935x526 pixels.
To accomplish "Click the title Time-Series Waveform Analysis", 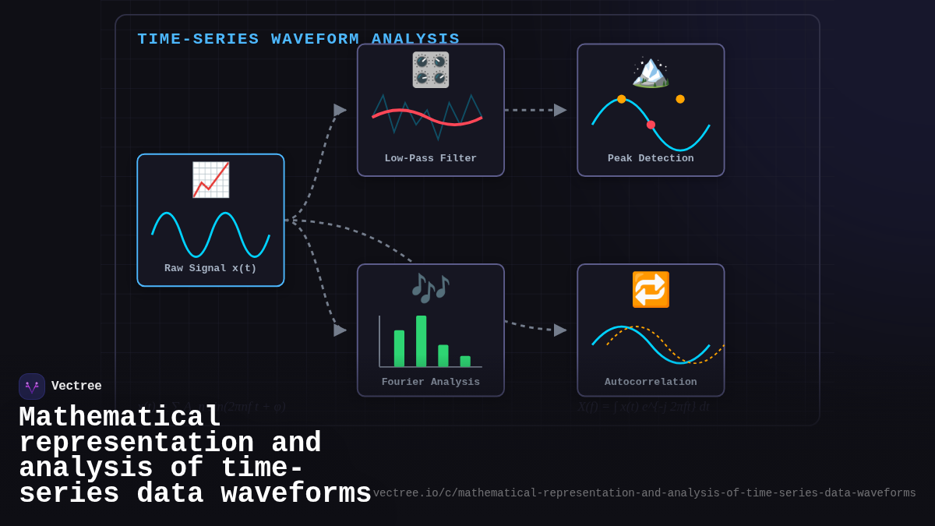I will (x=298, y=39).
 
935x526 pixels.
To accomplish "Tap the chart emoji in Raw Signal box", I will (x=210, y=180).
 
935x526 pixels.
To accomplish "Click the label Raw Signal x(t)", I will (x=210, y=268).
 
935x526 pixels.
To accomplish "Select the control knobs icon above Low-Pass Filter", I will (x=431, y=70).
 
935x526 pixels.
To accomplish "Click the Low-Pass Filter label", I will (x=431, y=158).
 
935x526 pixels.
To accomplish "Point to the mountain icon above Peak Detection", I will (x=651, y=72).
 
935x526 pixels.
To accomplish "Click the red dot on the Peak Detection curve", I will (x=651, y=125).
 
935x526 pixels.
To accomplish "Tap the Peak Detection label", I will (x=651, y=158).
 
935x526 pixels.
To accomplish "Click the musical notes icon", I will (x=431, y=288).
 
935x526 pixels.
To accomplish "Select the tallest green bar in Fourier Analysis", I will (x=422, y=341).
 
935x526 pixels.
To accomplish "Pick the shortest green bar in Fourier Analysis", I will (x=465, y=362).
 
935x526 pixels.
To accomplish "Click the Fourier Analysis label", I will (x=431, y=382).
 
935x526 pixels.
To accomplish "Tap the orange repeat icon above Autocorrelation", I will (x=651, y=290).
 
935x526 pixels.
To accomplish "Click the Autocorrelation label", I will (x=651, y=382).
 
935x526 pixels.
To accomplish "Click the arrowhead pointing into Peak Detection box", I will (x=560, y=110).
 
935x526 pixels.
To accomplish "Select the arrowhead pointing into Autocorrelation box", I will (x=560, y=330).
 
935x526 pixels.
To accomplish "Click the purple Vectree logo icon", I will (x=32, y=387).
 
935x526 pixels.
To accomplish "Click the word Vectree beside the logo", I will (x=76, y=387).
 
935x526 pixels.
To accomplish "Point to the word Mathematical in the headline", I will (x=120, y=418).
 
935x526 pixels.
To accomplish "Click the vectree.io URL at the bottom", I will (x=644, y=493).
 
